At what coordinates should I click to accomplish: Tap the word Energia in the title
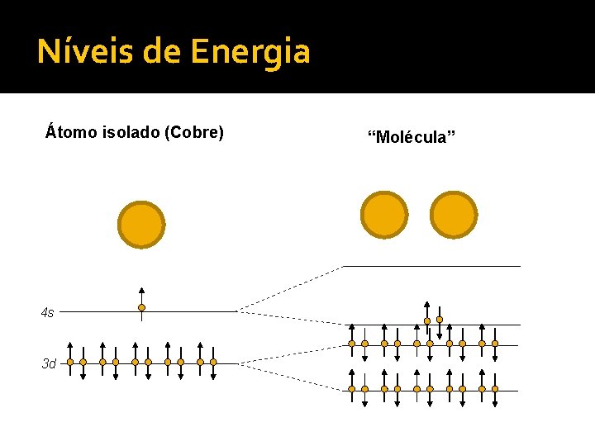[x=250, y=52]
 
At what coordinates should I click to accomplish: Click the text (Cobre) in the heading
[x=194, y=132]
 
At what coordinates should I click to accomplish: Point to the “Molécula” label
[x=411, y=136]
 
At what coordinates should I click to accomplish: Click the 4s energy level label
[x=48, y=312]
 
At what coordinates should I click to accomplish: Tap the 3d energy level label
[x=49, y=363]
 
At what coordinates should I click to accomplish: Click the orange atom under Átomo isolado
[x=141, y=225]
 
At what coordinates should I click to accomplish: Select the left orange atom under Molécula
[x=384, y=215]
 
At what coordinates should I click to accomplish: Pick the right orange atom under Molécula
[x=454, y=215]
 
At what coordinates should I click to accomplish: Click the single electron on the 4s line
[x=141, y=308]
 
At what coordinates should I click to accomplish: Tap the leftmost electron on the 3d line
[x=70, y=362]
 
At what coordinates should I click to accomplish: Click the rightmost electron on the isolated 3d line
[x=213, y=362]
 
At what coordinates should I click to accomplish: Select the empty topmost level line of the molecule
[x=431, y=266]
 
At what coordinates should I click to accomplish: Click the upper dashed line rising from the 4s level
[x=289, y=289]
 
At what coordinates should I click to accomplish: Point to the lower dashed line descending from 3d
[x=289, y=376]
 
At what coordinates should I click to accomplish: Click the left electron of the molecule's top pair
[x=426, y=320]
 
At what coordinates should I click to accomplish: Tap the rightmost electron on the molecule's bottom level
[x=495, y=388]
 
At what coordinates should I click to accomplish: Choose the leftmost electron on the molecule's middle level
[x=351, y=344]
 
